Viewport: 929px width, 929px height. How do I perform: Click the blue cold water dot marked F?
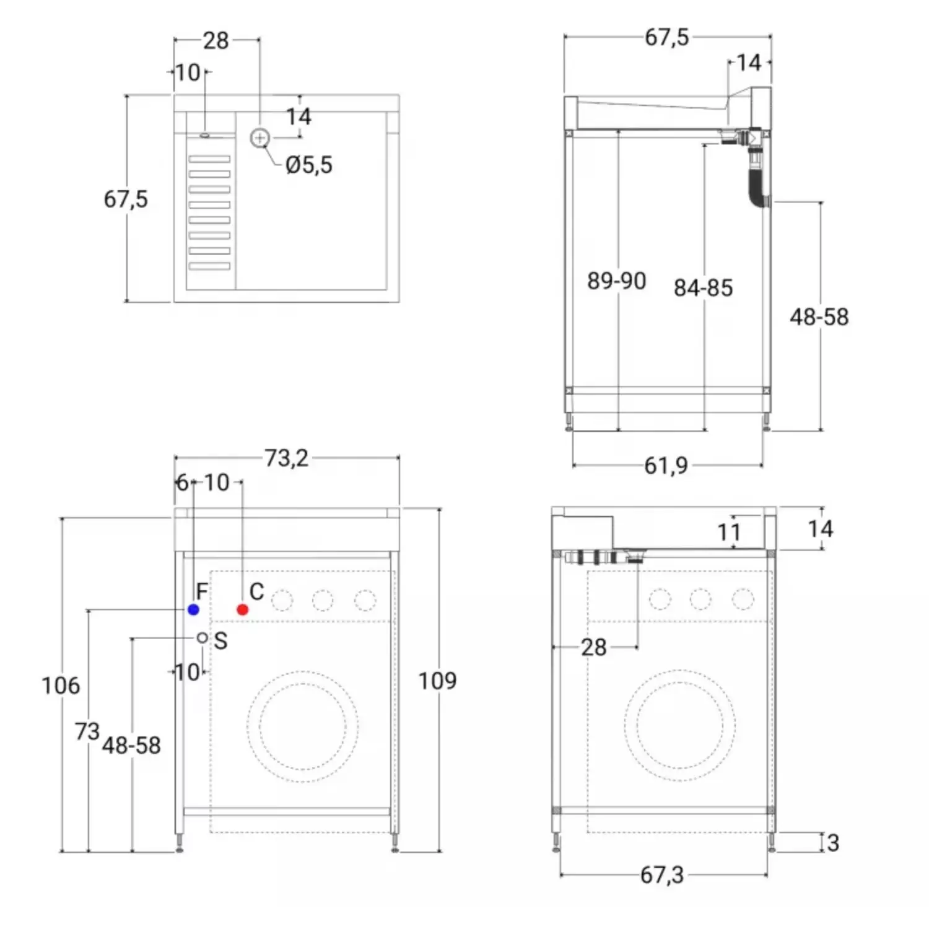tap(193, 610)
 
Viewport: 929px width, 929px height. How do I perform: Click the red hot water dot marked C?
tap(243, 610)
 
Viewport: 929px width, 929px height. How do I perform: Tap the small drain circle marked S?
tap(203, 638)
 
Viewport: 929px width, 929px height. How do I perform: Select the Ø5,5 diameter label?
tap(309, 165)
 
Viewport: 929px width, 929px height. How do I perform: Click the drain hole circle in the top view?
tap(260, 138)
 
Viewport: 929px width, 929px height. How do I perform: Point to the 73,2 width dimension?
tap(286, 458)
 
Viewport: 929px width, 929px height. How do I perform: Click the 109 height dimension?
tap(437, 681)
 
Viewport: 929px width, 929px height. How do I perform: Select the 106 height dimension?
tap(61, 686)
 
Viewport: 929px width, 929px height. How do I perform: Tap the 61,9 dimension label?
tap(666, 466)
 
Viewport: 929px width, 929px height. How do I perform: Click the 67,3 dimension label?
tap(662, 875)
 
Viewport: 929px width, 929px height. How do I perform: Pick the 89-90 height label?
tap(617, 281)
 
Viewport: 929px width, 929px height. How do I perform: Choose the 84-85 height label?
tap(704, 288)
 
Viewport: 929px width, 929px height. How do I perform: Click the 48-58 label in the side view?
tap(819, 317)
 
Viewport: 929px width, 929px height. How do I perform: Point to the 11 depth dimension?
tap(729, 533)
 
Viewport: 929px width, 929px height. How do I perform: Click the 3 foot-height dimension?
tap(833, 843)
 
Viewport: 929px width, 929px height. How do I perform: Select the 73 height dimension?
tap(87, 731)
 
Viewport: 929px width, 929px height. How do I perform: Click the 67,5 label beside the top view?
tap(126, 199)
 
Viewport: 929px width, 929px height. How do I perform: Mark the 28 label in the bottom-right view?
tap(593, 648)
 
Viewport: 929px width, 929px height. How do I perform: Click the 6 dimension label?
tap(182, 482)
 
